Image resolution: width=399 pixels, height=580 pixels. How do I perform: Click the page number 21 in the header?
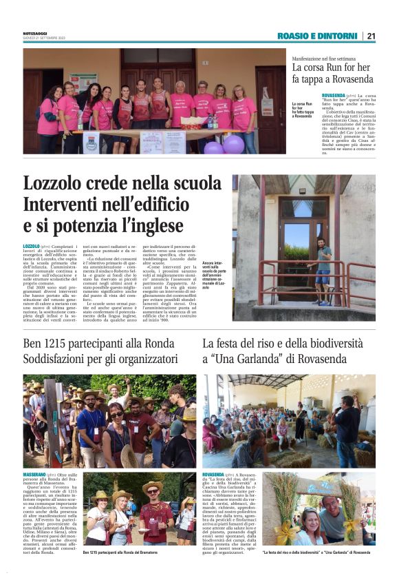[371, 36]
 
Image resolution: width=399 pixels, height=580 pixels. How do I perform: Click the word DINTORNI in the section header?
[336, 36]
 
